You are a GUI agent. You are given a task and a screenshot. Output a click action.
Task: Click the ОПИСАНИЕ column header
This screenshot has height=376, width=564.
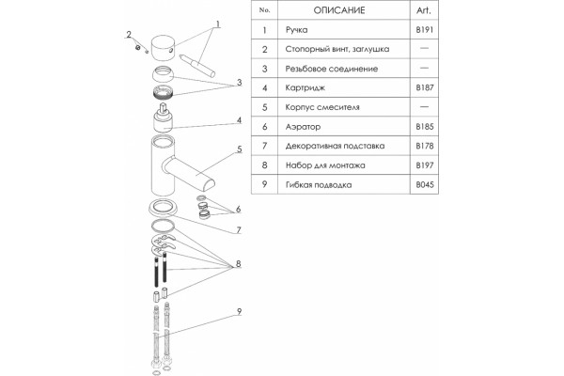tap(339, 10)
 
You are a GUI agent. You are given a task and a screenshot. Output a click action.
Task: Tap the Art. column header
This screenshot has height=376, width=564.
tap(424, 10)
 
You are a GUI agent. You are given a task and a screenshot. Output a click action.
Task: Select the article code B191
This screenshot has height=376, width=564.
tap(425, 30)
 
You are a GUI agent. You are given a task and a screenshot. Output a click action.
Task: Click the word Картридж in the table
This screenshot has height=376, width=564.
tap(305, 88)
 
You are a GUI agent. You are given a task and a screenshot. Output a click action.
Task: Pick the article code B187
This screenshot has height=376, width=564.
tap(425, 87)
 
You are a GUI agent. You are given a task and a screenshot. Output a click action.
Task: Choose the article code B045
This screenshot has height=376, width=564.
tap(425, 184)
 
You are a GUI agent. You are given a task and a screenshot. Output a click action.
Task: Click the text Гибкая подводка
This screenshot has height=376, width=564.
tap(319, 185)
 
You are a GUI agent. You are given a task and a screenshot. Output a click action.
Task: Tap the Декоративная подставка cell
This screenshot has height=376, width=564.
tap(335, 146)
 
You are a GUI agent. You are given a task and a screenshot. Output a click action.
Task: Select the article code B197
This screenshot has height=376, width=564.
tap(425, 165)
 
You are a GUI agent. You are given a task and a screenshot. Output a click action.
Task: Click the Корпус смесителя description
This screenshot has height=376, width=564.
tap(322, 107)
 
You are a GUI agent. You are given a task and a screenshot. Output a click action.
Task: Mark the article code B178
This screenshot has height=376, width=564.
tap(425, 146)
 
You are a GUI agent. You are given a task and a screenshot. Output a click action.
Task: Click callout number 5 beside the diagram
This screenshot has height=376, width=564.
tap(239, 149)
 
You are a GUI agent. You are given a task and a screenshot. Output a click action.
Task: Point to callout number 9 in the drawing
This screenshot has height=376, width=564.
tap(239, 311)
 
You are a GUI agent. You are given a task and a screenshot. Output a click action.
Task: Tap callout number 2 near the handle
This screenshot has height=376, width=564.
tap(129, 35)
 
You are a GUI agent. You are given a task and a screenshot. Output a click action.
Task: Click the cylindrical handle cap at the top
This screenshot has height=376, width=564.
tap(163, 48)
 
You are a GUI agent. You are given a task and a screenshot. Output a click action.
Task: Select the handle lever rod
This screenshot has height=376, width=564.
tap(197, 65)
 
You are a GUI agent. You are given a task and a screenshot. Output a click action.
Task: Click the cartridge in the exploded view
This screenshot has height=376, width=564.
tap(164, 117)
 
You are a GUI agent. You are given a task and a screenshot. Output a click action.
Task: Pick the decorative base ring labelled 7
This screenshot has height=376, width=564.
tap(163, 208)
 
